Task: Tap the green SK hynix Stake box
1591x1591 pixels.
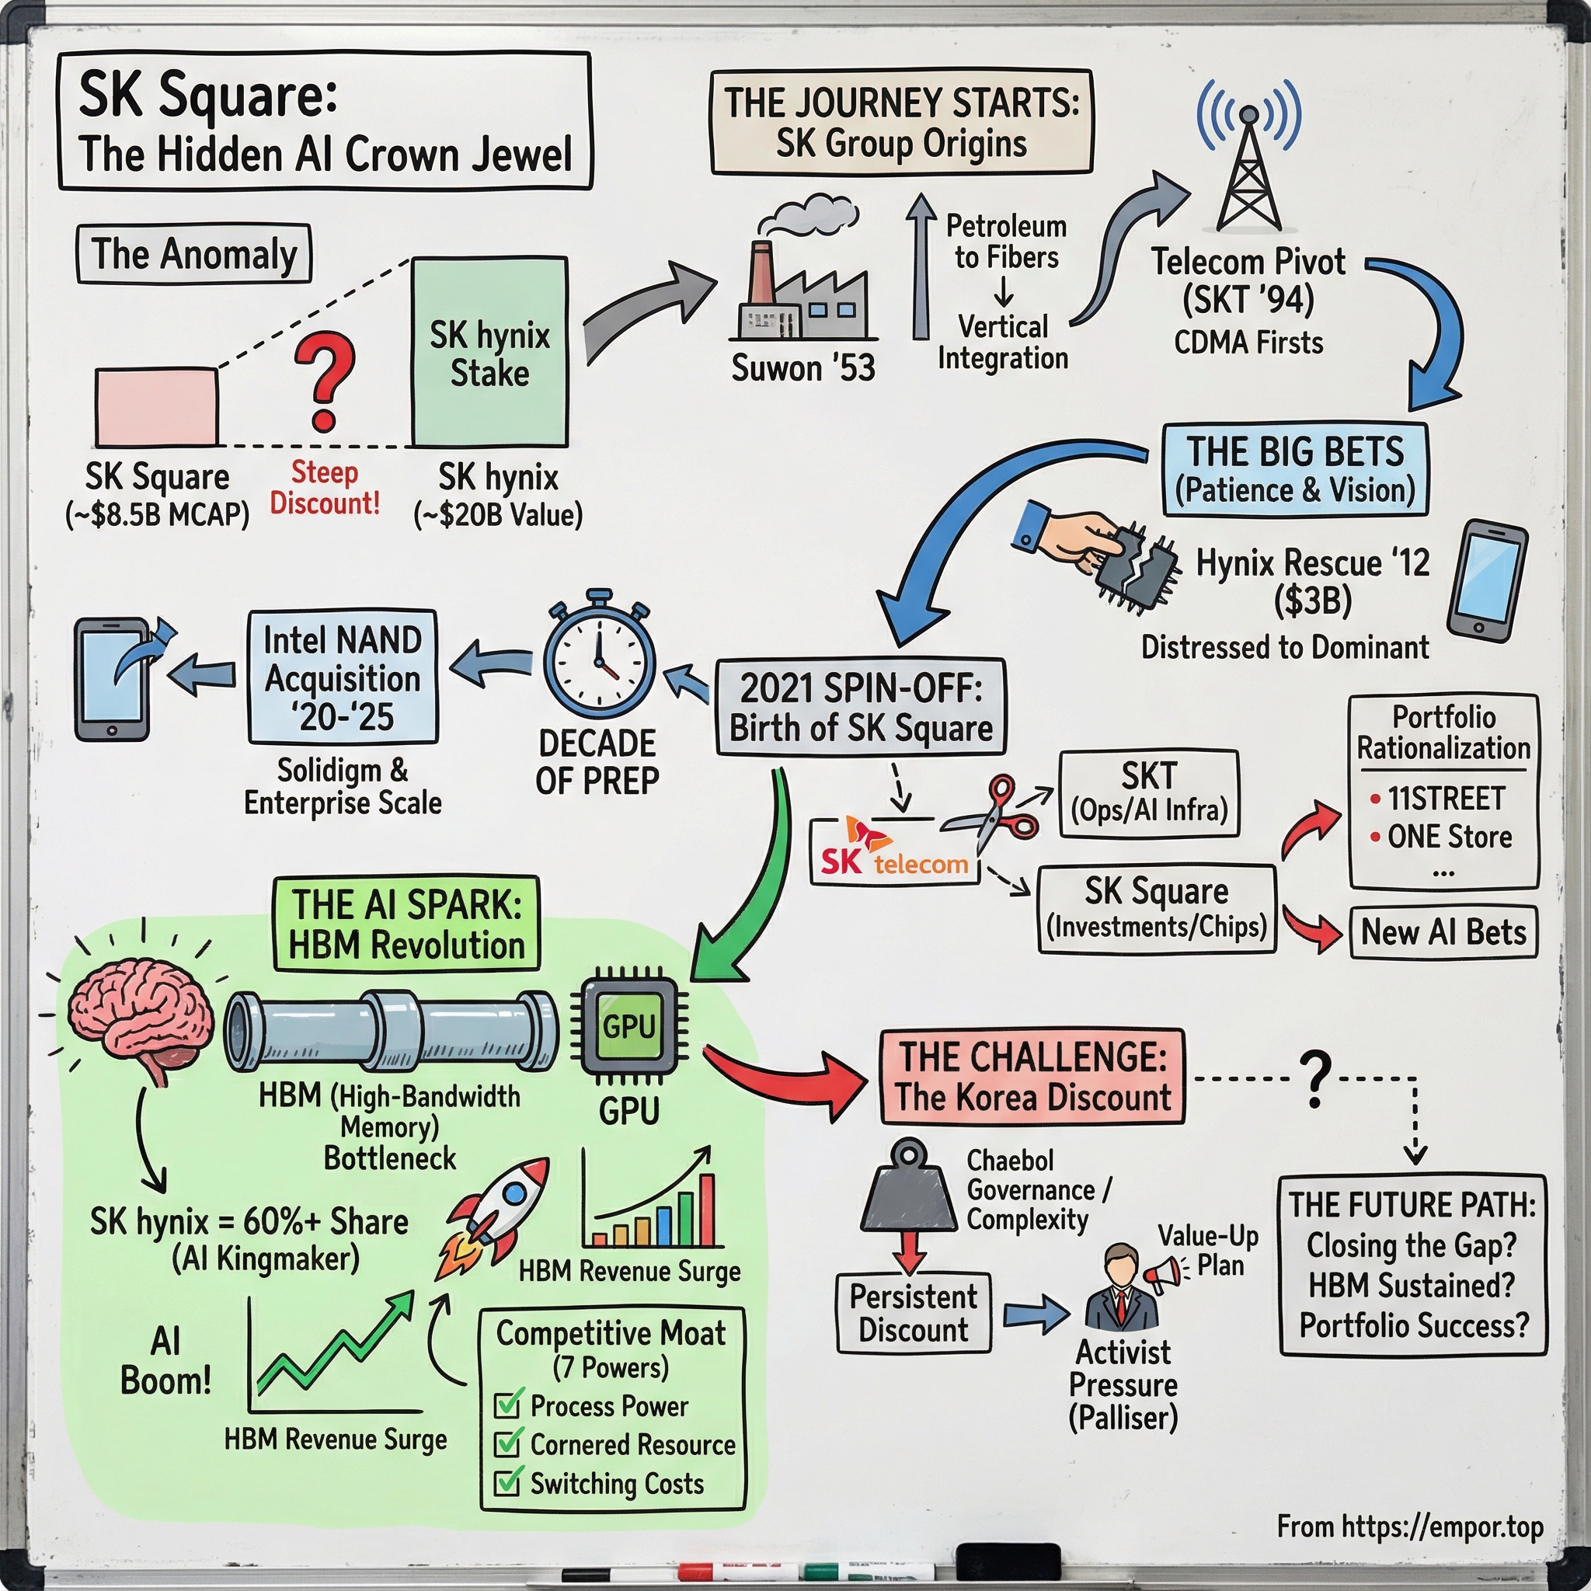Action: (x=489, y=353)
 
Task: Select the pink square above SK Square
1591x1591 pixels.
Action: (x=156, y=407)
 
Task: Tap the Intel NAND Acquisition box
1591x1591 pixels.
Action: (x=343, y=677)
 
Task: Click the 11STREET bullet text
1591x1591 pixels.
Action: (x=1445, y=798)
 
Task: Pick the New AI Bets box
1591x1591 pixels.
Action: (x=1443, y=932)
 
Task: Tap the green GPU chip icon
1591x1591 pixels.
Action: (x=630, y=1026)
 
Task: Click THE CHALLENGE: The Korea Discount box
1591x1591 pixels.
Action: (x=1032, y=1076)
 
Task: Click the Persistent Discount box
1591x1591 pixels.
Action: (x=914, y=1313)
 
